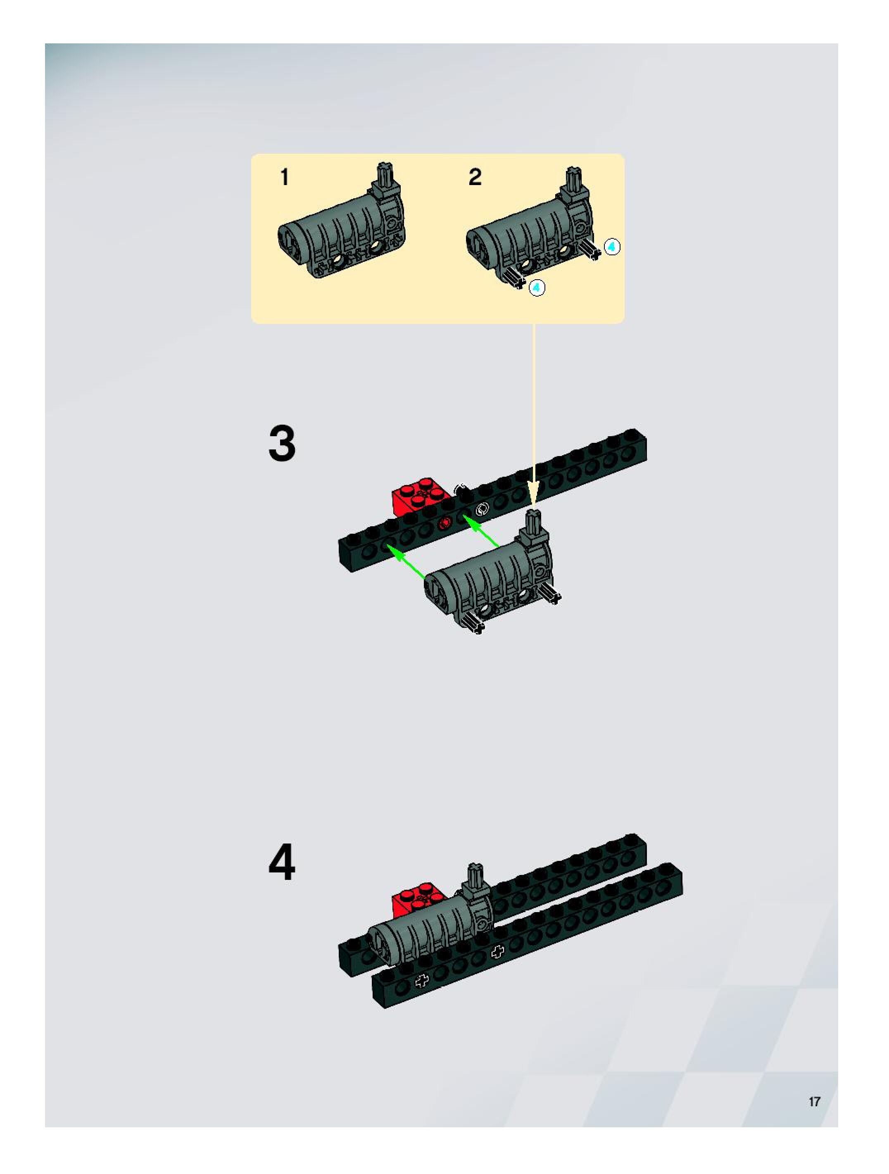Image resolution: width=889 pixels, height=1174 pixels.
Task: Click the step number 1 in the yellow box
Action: click(x=285, y=177)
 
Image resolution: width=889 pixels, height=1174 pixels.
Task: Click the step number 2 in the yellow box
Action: click(x=475, y=177)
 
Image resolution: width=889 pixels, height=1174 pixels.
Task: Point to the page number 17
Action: click(x=814, y=1101)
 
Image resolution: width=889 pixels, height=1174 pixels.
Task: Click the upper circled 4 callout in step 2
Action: click(x=612, y=247)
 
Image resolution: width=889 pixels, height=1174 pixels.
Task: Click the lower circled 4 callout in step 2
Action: click(x=537, y=288)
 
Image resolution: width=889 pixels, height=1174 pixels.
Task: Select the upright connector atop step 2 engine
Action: click(x=573, y=184)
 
